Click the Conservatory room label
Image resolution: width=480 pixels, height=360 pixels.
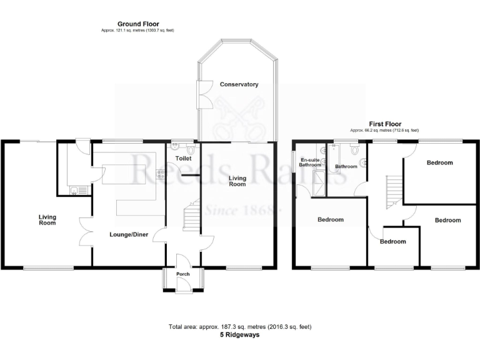pos(239,84)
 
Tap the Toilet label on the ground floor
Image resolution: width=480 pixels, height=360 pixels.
pos(183,159)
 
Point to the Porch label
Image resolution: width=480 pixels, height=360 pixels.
pos(182,274)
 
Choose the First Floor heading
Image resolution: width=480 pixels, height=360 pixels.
pos(384,124)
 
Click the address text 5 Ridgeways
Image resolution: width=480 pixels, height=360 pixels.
pos(240,335)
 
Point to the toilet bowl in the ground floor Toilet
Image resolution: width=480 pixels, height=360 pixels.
pos(176,147)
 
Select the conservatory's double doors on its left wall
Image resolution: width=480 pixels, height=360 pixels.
pos(200,94)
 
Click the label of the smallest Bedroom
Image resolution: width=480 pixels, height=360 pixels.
pos(392,241)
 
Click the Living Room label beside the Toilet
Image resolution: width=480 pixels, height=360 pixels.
pos(237,181)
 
